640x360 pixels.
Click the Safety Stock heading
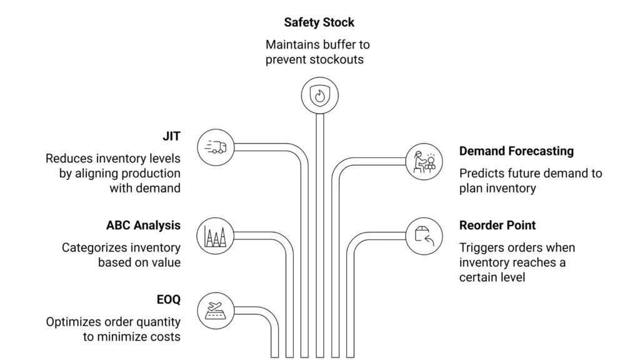click(x=319, y=22)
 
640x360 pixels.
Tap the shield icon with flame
click(x=319, y=96)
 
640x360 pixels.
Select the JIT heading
click(x=171, y=136)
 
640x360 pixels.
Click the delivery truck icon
click(x=216, y=148)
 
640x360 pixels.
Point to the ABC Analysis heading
click(x=143, y=225)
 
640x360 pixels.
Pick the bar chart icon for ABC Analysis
click(x=216, y=236)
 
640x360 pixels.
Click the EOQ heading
click(x=168, y=299)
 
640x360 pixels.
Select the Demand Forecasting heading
click(x=516, y=151)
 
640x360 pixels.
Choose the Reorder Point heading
click(x=497, y=225)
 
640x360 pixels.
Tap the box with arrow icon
click(x=424, y=236)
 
